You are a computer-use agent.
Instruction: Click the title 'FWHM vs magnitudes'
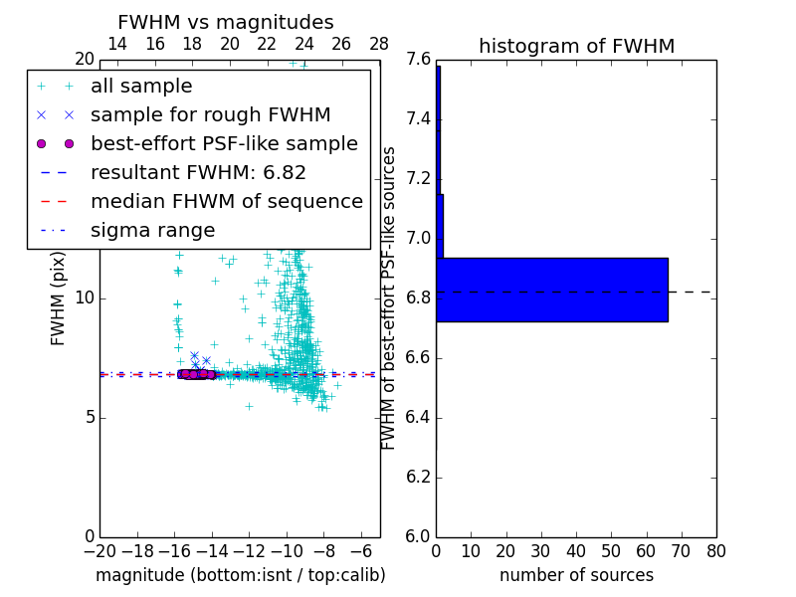tap(226, 22)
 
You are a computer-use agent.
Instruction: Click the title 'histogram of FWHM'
tap(576, 46)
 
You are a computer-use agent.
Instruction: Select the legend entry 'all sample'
tap(141, 87)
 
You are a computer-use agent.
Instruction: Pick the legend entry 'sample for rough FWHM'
tap(210, 115)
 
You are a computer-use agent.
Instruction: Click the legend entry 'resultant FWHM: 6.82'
tap(198, 173)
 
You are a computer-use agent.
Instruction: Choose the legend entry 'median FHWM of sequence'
tap(226, 202)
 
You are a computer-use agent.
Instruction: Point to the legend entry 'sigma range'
tap(152, 231)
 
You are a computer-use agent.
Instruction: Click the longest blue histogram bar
tap(552, 290)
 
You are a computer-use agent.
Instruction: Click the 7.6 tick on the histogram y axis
tap(418, 60)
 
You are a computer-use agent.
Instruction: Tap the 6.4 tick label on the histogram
tap(418, 417)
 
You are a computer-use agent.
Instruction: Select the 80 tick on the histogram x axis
tap(715, 551)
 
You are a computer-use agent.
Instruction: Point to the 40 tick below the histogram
tap(576, 551)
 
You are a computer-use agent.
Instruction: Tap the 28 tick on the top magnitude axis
tap(379, 44)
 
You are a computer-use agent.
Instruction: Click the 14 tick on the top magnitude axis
tap(117, 44)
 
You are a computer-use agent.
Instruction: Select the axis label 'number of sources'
tap(576, 575)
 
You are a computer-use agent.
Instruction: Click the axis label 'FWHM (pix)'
tap(59, 297)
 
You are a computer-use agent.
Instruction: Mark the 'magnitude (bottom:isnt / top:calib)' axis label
tap(240, 575)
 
